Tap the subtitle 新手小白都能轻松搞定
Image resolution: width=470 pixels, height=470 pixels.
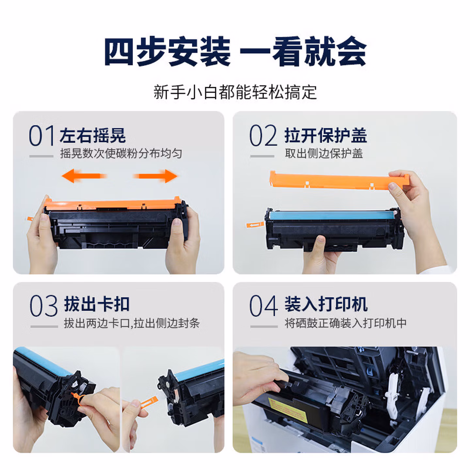235,92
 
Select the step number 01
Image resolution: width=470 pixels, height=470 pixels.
41,135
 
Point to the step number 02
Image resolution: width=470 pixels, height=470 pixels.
263,135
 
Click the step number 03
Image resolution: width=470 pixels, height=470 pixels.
44,305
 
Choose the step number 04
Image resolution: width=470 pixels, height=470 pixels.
264,305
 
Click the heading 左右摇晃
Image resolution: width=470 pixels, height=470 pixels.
93,135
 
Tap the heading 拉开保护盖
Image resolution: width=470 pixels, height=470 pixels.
326,135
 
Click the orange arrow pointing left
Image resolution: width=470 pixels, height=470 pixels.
84,176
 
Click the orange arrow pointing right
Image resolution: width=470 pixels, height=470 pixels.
155,176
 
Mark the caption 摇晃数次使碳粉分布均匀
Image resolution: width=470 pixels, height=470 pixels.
121,153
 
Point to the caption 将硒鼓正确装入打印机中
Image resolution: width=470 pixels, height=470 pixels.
345,323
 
